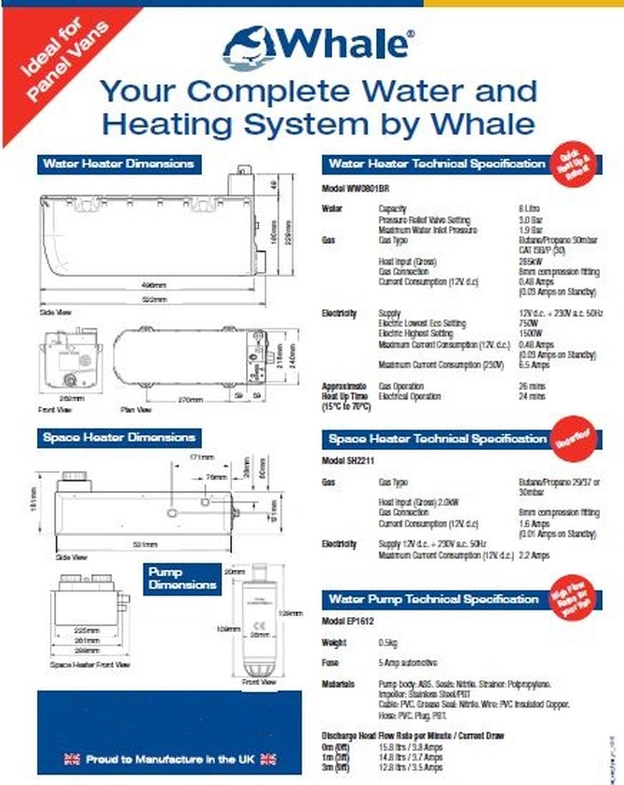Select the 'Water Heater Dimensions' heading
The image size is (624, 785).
(x=119, y=164)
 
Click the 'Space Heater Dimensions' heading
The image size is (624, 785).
(x=119, y=438)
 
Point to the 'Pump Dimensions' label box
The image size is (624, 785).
(x=182, y=578)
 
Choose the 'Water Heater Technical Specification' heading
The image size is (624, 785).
(x=436, y=164)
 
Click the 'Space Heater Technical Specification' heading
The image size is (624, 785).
(x=437, y=439)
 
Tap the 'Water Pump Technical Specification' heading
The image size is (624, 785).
(x=433, y=599)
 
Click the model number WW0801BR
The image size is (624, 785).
(x=355, y=188)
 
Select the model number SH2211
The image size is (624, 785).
(x=347, y=460)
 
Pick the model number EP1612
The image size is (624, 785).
(x=348, y=621)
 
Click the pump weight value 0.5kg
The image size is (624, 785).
(x=388, y=643)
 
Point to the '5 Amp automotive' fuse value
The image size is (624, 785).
(x=407, y=663)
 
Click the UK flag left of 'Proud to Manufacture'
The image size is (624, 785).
(x=72, y=759)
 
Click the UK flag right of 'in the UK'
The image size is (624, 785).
(x=268, y=759)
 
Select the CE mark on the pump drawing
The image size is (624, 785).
(x=257, y=626)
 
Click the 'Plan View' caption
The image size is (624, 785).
(x=135, y=409)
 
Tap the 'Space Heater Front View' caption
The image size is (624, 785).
(x=89, y=665)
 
